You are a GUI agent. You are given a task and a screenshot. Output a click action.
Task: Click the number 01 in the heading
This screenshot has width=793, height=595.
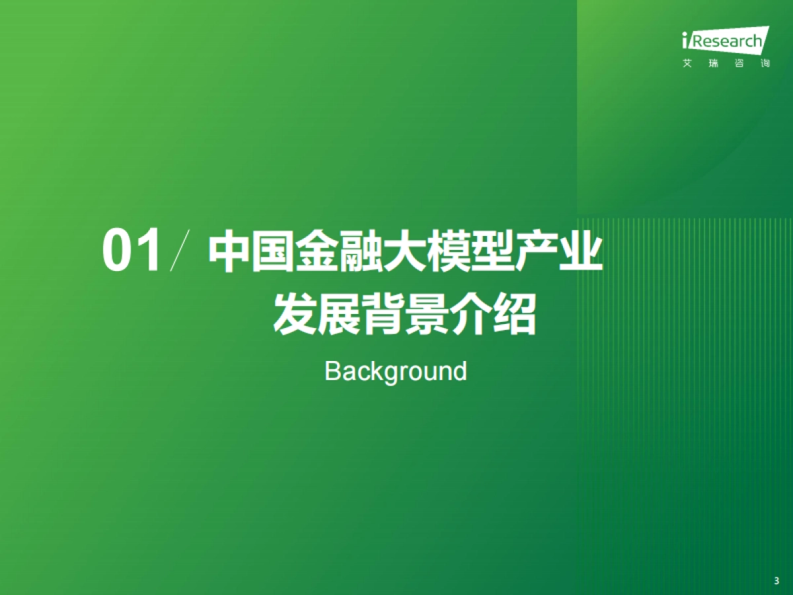point(132,251)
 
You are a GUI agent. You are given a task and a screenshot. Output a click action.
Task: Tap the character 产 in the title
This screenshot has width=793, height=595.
point(538,252)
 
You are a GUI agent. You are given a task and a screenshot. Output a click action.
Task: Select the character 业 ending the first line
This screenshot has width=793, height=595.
point(582,252)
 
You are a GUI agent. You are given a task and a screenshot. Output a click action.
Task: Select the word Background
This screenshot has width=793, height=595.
point(395,371)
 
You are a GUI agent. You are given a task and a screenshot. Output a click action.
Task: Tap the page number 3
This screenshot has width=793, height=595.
point(776,580)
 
